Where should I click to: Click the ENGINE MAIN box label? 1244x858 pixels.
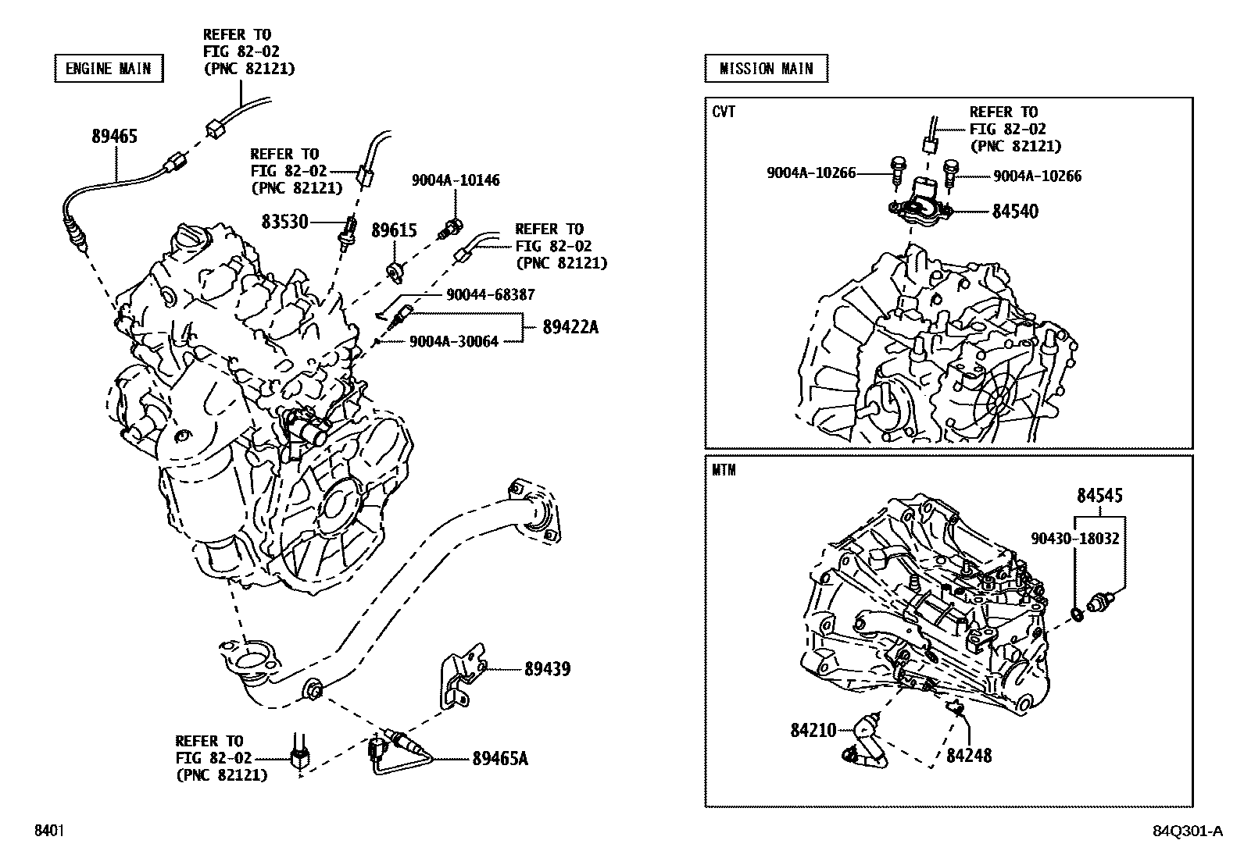(x=108, y=69)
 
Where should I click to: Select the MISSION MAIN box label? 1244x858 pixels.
(x=766, y=69)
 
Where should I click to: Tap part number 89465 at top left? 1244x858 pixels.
(x=114, y=137)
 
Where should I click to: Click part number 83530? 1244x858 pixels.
(x=285, y=223)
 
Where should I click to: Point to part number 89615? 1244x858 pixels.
(x=394, y=231)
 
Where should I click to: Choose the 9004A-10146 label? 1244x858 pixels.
(x=456, y=180)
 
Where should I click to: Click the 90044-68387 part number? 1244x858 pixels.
(x=490, y=295)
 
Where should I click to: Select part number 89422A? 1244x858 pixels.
(x=570, y=328)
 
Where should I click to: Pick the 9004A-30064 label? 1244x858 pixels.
(x=453, y=341)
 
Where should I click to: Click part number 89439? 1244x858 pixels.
(x=547, y=669)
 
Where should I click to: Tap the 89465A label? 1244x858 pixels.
(x=499, y=758)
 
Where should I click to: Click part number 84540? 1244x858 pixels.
(x=1015, y=212)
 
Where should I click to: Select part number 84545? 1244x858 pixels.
(x=1099, y=496)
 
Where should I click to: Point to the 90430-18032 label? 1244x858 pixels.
(x=1074, y=539)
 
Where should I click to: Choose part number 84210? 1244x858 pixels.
(x=813, y=731)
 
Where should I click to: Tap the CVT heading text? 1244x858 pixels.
(x=724, y=112)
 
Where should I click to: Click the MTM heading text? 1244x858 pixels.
(x=724, y=471)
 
